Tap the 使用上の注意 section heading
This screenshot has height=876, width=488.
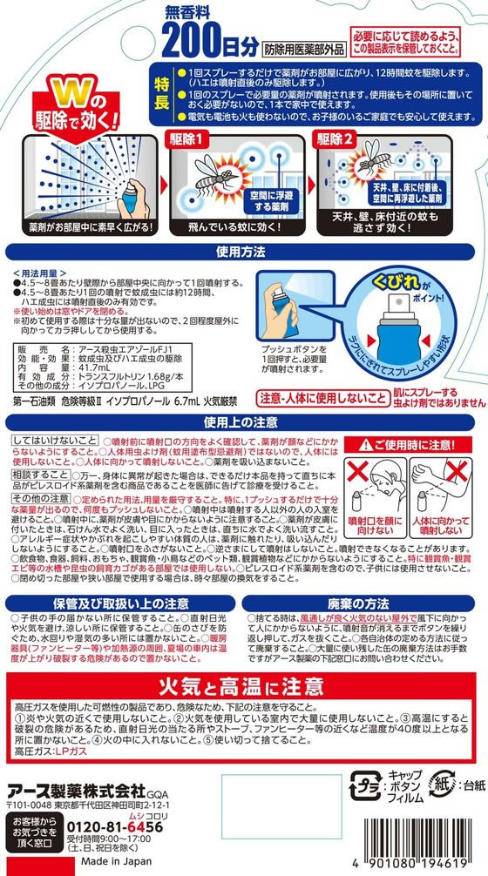click(243, 422)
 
